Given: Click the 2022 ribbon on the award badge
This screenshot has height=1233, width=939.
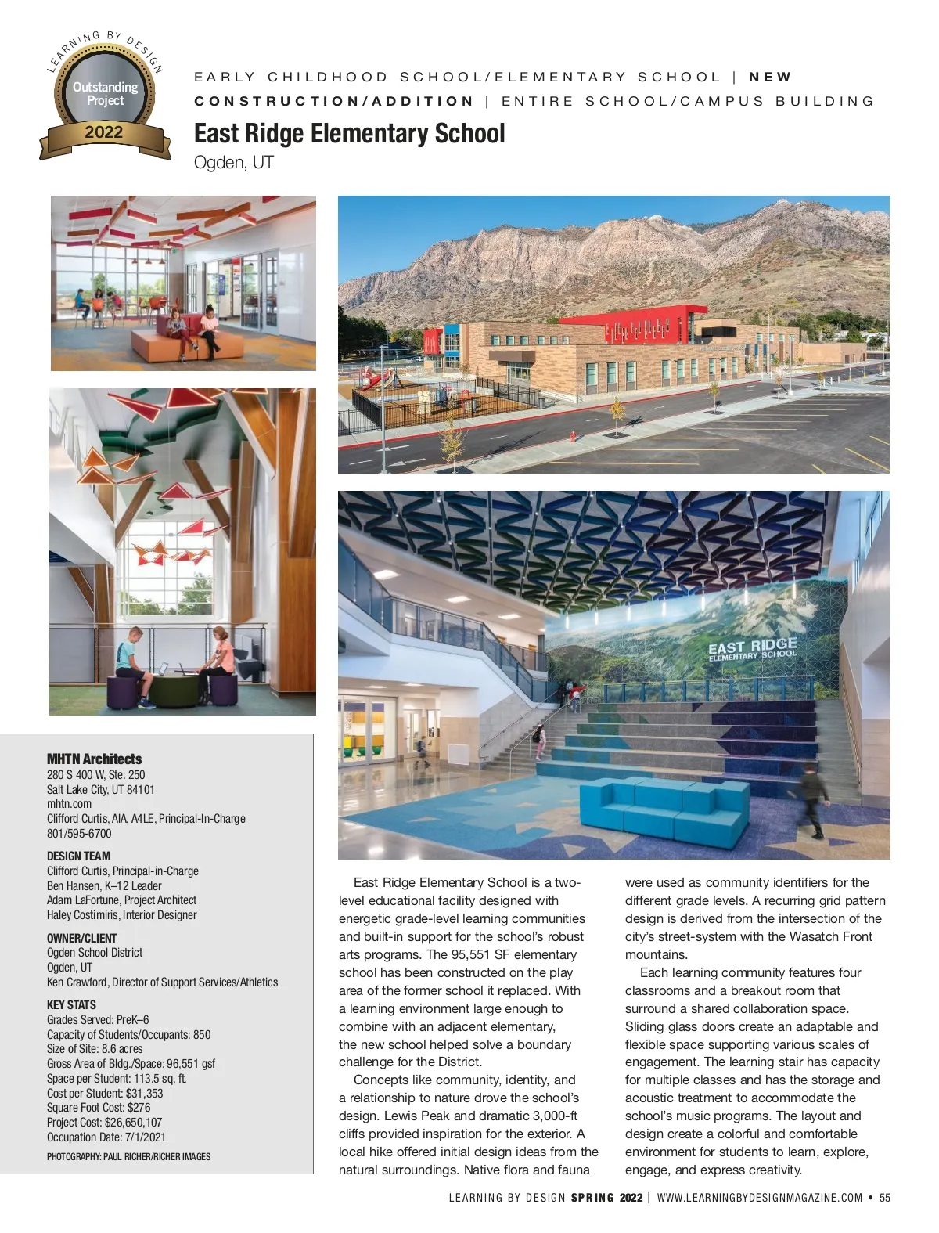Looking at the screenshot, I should coord(104,132).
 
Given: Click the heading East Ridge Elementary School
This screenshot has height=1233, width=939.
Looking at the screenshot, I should coord(349,133).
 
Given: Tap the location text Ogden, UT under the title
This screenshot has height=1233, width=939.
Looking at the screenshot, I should coord(233,162).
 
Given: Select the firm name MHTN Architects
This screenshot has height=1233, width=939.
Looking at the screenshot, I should coord(94,759).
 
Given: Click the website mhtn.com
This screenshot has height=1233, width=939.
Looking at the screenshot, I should coord(69,803).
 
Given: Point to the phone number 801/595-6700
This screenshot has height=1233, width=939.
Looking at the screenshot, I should coord(79,833).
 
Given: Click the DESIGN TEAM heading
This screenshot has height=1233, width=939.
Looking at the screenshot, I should coord(78,856).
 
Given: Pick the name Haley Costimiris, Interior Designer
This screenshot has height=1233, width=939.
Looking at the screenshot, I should coord(121,914).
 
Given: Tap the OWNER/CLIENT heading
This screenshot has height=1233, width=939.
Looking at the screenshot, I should coord(81,938).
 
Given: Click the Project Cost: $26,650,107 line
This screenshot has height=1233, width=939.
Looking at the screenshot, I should coord(104,1122).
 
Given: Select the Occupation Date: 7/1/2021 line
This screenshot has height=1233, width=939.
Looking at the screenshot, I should coord(106,1137).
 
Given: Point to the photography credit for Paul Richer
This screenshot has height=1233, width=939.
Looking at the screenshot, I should coord(128,1156).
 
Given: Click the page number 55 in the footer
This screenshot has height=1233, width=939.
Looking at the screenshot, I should coord(885,1198).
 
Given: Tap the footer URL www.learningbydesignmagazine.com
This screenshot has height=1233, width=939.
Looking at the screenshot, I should coord(760,1198).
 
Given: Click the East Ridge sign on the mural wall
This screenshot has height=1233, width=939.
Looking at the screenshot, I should coord(752,649).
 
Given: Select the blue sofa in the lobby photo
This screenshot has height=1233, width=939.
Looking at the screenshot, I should coord(664,810).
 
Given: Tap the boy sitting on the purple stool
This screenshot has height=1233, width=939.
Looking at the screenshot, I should coord(135,665).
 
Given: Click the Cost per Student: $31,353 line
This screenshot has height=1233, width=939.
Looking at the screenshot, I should coord(105,1093).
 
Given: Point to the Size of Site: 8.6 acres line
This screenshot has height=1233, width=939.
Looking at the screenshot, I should coord(95,1048).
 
